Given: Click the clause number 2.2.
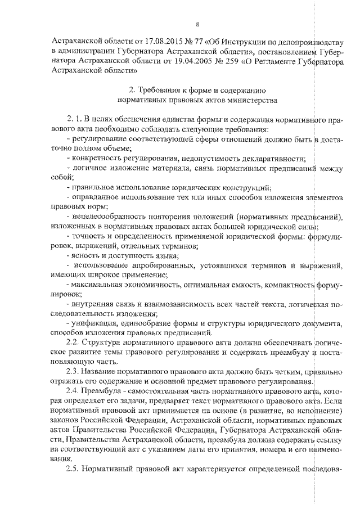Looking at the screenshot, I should (73, 343).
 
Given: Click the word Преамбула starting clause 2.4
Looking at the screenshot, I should (102, 393).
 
